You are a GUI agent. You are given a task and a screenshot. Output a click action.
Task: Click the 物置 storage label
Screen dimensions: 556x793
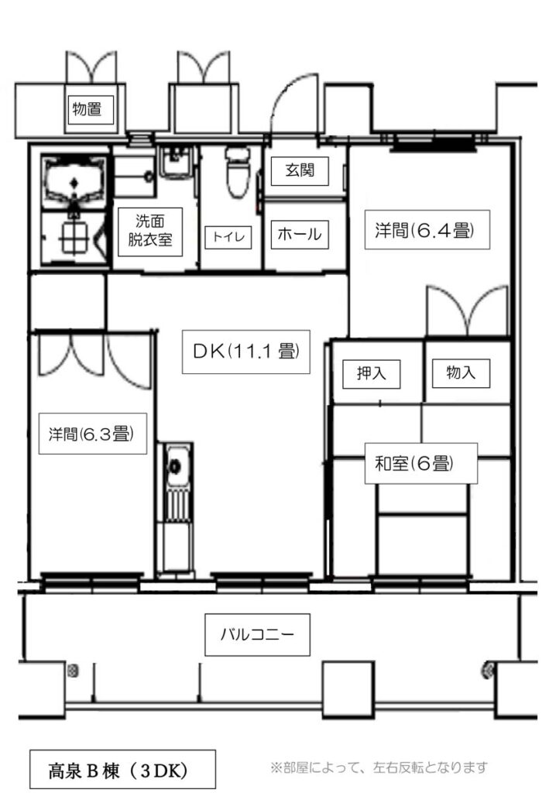88,108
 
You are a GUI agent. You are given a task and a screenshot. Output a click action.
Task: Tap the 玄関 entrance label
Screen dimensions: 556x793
300,170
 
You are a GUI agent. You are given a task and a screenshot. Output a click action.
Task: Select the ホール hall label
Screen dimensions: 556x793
300,234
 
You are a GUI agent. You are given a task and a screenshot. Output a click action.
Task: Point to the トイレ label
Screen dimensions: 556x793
228,237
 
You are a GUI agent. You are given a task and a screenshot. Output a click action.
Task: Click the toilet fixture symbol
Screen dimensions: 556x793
237,172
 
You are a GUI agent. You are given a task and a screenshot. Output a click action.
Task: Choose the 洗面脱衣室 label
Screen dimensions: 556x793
149,231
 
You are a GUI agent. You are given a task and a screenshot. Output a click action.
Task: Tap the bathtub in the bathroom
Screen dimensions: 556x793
74,181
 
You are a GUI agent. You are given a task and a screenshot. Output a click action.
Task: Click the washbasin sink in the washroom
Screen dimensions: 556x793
176,163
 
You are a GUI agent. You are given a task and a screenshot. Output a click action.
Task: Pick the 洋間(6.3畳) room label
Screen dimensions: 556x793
91,434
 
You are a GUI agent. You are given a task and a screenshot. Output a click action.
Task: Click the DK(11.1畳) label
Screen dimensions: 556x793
246,351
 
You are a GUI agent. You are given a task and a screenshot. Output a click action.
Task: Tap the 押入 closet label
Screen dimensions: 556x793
372,374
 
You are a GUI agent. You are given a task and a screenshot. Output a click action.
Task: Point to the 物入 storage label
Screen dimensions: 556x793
461,372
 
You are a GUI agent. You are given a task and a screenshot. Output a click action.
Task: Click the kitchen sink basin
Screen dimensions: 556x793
175,466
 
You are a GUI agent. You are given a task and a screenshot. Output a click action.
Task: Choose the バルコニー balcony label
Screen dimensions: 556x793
257,634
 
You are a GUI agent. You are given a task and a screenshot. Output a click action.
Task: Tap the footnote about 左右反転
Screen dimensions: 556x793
379,767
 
